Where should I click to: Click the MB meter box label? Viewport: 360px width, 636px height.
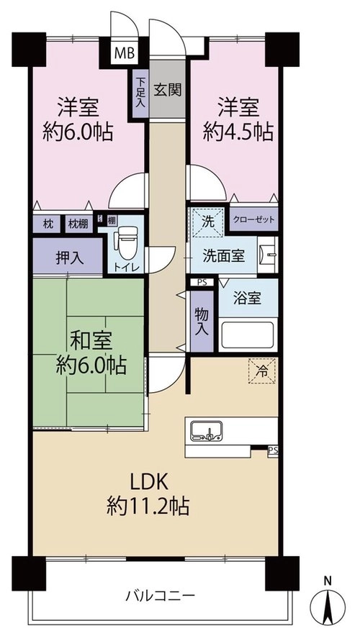coord(125,53)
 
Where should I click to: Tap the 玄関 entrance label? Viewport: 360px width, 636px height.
coord(167,90)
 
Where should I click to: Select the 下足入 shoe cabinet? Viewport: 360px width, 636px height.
coord(140,94)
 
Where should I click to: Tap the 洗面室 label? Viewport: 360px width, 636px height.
coord(224,256)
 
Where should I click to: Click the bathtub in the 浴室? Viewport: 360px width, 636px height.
coord(248,335)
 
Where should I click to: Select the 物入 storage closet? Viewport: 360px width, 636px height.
coord(202,322)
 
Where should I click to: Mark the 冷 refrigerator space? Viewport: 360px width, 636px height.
coord(262,371)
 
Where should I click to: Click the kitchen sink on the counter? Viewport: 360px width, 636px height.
coord(207,431)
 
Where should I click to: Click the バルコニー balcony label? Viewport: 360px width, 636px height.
coord(161,596)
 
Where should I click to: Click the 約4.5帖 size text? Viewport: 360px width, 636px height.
coord(238,132)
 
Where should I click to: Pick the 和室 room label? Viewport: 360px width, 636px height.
coord(91,342)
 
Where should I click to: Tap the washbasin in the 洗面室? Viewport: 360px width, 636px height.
coord(267,255)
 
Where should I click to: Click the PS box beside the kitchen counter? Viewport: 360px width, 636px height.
coord(273,450)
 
